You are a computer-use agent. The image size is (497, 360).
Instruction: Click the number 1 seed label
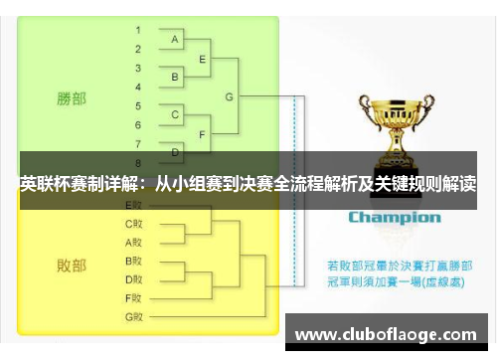click(138, 30)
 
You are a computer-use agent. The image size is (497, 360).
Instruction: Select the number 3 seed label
click(138, 67)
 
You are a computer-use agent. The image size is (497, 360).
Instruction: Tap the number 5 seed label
click(138, 104)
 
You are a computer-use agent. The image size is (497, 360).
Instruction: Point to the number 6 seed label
click(138, 124)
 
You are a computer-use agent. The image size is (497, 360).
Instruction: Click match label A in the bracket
click(175, 40)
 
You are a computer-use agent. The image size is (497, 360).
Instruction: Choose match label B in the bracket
click(175, 77)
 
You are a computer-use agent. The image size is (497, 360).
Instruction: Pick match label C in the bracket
click(175, 114)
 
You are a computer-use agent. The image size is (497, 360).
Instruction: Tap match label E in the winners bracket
click(203, 59)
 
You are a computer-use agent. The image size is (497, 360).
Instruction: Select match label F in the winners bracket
click(203, 133)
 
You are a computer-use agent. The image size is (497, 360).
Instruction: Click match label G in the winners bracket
click(230, 96)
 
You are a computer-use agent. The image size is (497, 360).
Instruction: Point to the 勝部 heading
click(71, 98)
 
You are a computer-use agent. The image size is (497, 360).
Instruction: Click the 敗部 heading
click(71, 266)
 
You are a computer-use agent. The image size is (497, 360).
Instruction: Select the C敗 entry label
click(133, 224)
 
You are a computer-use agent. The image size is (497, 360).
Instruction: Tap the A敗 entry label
click(133, 242)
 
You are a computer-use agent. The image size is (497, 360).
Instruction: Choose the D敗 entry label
click(133, 278)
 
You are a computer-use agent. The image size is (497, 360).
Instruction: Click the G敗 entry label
click(133, 316)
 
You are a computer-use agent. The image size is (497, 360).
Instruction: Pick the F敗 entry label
click(133, 297)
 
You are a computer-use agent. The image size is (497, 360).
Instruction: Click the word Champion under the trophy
click(394, 217)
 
